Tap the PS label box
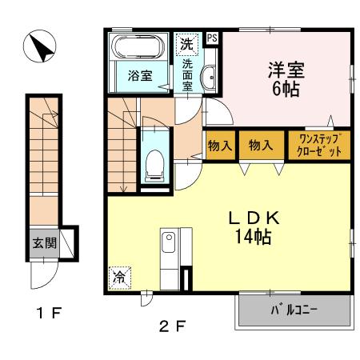click(x=212, y=37)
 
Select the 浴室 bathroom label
click(x=139, y=77)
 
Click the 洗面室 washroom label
click(x=187, y=76)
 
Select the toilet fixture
click(x=154, y=164)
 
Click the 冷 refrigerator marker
click(x=118, y=278)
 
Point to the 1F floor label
click(x=46, y=312)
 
